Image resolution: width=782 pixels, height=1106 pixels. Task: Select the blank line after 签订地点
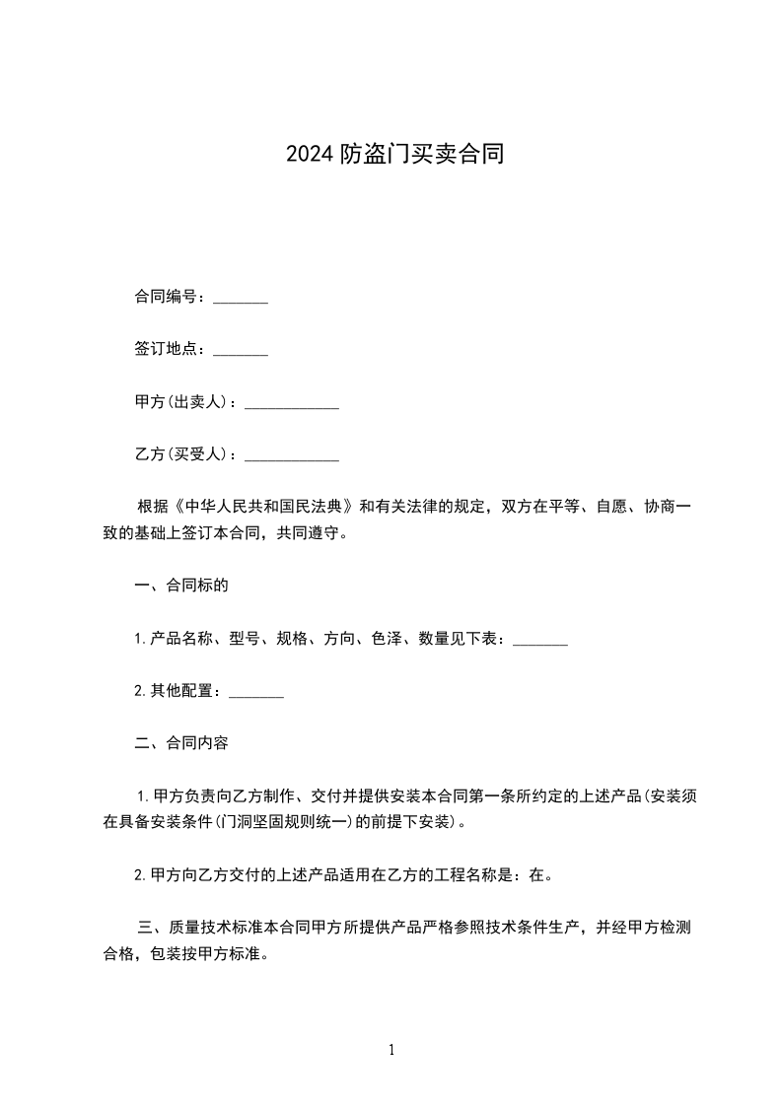pyautogui.click(x=241, y=351)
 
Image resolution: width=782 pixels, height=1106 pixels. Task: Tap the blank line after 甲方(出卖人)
pyautogui.click(x=291, y=404)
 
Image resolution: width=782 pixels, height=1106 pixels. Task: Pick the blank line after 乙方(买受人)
pyautogui.click(x=291, y=456)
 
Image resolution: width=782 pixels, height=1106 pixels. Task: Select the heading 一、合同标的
pyautogui.click(x=181, y=586)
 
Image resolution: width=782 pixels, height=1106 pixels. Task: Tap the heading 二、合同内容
pyautogui.click(x=181, y=743)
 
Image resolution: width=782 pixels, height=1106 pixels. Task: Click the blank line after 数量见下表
pyautogui.click(x=540, y=641)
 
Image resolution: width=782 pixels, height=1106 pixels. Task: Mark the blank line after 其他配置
pyautogui.click(x=256, y=693)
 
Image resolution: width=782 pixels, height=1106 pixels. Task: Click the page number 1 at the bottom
pyautogui.click(x=391, y=1051)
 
